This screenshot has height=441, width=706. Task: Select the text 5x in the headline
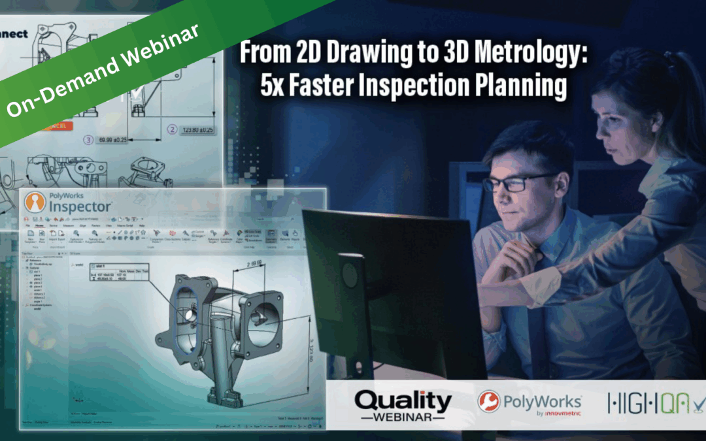(273, 86)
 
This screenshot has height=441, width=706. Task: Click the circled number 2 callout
(172, 129)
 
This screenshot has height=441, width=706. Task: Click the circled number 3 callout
(88, 139)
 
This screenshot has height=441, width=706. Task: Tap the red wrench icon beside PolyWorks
(489, 402)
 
